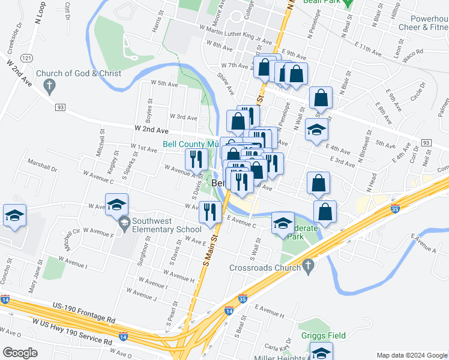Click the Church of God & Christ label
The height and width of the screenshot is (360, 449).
click(78, 74)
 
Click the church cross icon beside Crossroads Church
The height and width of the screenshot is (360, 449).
click(309, 265)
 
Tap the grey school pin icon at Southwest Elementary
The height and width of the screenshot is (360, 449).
click(124, 224)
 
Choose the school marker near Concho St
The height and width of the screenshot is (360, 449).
click(14, 216)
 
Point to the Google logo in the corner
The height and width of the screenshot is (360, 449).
click(20, 353)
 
